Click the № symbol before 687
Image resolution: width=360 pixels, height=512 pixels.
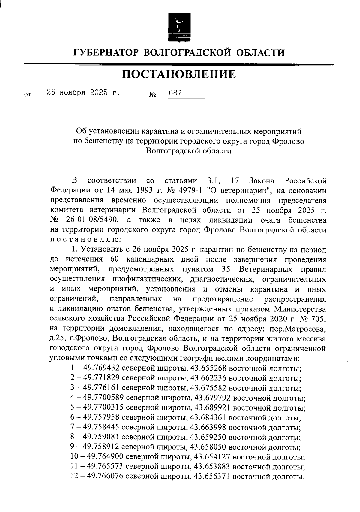tap(153, 95)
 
